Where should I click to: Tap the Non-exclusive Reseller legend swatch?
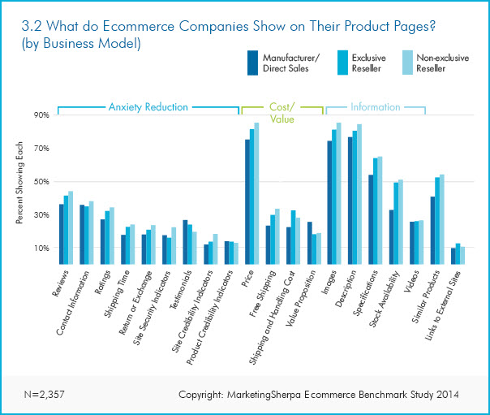tap(413, 63)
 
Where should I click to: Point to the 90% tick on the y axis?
tap(40, 115)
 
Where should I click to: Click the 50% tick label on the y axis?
tap(40, 181)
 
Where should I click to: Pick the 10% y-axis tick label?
tap(40, 248)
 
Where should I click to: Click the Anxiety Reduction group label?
tap(148, 106)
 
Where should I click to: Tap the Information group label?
tap(375, 106)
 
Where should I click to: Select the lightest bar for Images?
tap(338, 193)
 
